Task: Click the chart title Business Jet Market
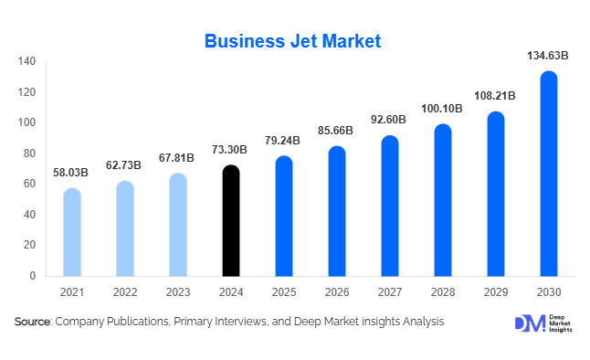click(292, 41)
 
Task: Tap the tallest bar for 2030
click(549, 174)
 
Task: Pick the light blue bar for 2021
click(71, 232)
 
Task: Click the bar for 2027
click(390, 206)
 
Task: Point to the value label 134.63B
click(548, 56)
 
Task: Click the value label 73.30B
click(232, 150)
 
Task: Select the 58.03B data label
click(71, 173)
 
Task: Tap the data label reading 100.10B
click(443, 109)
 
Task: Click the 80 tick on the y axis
click(29, 154)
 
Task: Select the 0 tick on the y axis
click(33, 276)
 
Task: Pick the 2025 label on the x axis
click(284, 293)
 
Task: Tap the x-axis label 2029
click(496, 293)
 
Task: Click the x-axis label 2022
click(125, 293)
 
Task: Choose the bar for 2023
click(178, 225)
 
